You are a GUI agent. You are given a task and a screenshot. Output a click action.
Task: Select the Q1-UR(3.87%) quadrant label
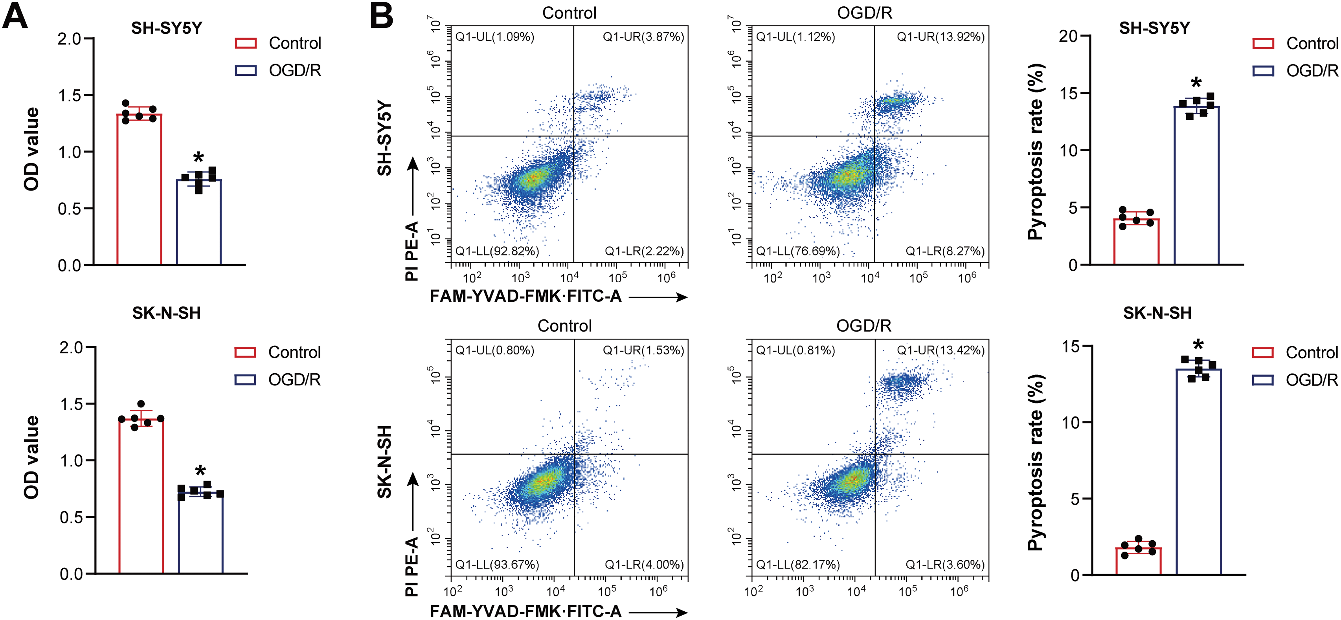(x=643, y=37)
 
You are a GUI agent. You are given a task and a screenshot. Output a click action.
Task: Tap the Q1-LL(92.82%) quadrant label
(x=497, y=251)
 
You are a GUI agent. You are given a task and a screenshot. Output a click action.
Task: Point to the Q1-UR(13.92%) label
(x=940, y=37)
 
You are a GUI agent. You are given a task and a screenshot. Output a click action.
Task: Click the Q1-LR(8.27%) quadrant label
(x=945, y=251)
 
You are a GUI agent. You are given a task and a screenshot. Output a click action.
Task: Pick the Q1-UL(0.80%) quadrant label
(x=494, y=350)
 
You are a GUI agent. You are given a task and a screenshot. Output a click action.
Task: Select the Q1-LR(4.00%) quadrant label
(x=644, y=565)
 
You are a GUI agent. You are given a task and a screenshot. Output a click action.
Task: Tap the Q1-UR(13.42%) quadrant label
(x=940, y=350)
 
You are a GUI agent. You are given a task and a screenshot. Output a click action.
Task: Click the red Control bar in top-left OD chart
(x=139, y=190)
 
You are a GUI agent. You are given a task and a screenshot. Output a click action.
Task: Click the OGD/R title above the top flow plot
(x=864, y=13)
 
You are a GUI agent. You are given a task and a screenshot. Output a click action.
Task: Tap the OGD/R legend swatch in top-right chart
(x=1263, y=71)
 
